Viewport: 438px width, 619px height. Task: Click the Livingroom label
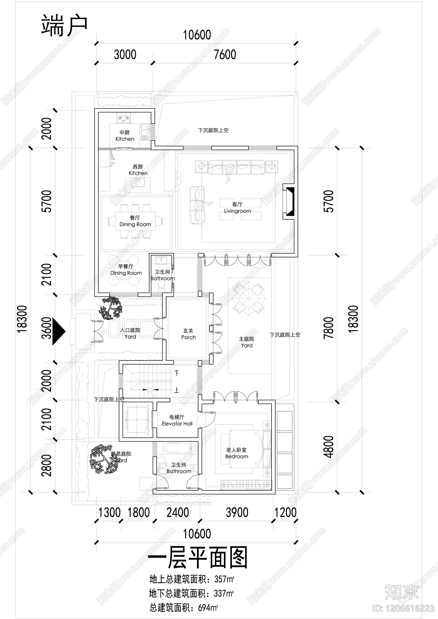(x=237, y=211)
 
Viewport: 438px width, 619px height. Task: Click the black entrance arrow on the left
(x=59, y=332)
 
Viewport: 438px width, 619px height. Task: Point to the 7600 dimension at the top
(x=225, y=55)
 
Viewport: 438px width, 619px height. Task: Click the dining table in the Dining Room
(x=135, y=221)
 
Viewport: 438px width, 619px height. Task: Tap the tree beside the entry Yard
(x=111, y=309)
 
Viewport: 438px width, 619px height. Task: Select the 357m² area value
(x=224, y=579)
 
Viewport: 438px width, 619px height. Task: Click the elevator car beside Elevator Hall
(x=136, y=420)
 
